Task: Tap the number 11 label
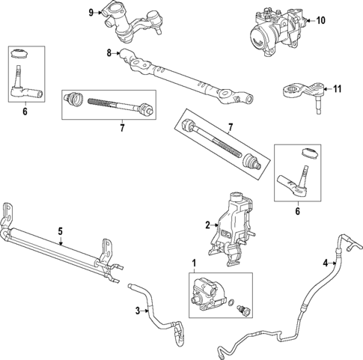(337, 89)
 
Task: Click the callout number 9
(91, 12)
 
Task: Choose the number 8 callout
(109, 52)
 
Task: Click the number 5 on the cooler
(61, 232)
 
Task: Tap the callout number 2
(207, 224)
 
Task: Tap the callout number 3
(138, 311)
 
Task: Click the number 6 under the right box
(297, 212)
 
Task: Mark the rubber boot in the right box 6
(308, 153)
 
